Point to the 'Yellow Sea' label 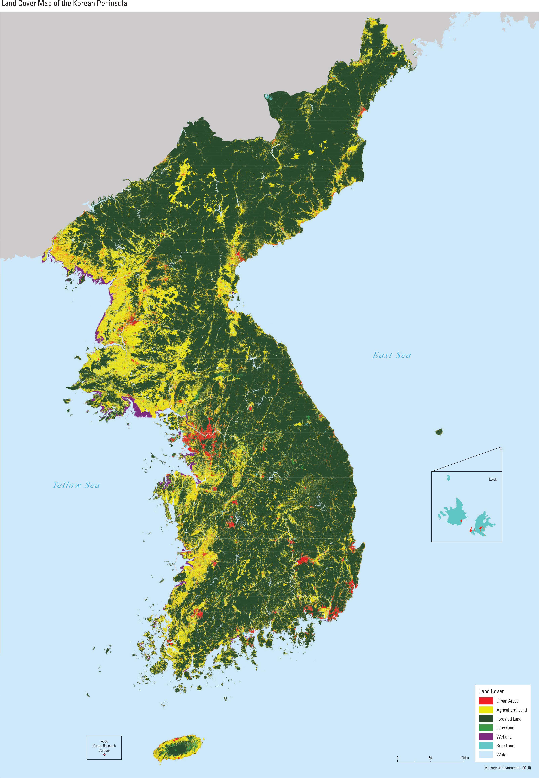(76, 485)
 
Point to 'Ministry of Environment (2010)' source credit (507, 768)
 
